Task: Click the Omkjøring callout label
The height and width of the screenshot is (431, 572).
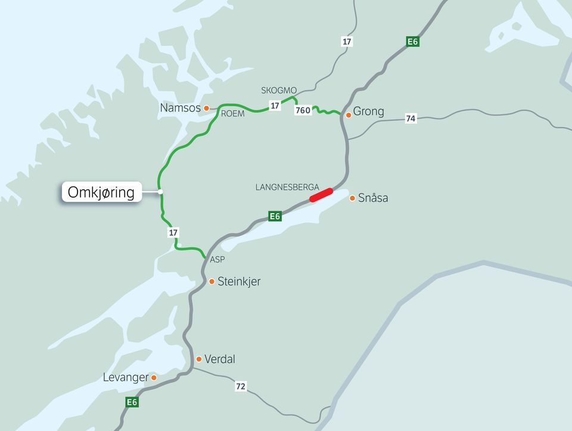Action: click(101, 192)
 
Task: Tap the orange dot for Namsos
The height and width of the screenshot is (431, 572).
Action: click(207, 108)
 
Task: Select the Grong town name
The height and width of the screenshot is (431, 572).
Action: click(368, 111)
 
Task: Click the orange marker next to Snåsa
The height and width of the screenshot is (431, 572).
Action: click(352, 198)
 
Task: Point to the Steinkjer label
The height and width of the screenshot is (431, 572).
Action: click(239, 282)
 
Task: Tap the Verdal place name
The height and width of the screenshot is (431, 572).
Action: click(219, 360)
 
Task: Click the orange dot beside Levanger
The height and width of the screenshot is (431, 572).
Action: click(154, 377)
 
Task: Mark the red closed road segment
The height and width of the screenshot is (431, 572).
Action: click(321, 195)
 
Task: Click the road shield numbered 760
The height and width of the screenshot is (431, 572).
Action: click(303, 111)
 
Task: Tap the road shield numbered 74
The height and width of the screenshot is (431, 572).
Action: click(411, 118)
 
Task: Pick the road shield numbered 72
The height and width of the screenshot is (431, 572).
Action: click(240, 387)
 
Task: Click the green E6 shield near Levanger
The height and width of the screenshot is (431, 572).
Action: click(132, 402)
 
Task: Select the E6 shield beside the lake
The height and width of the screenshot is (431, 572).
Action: click(275, 216)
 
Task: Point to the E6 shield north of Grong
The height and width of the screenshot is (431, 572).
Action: click(413, 42)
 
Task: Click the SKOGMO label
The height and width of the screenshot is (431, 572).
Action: click(279, 90)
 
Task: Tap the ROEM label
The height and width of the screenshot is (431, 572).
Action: click(233, 113)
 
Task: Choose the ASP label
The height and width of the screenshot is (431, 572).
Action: click(217, 260)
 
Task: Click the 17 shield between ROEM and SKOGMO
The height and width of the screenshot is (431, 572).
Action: click(275, 105)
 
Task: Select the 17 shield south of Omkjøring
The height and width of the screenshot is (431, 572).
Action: click(173, 233)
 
